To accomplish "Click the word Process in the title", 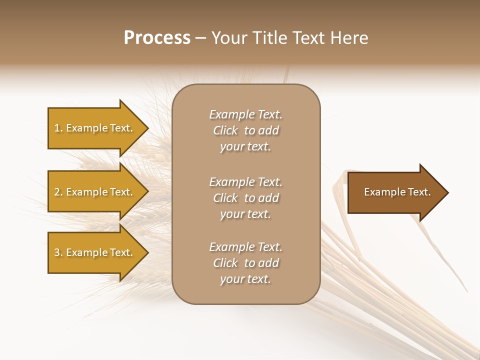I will click(157, 38).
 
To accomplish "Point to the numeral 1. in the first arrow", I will click(58, 128).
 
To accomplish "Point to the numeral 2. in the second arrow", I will click(58, 192).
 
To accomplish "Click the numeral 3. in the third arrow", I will click(58, 252).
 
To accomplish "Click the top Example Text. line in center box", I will click(246, 114).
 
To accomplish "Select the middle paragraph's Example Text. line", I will click(246, 182).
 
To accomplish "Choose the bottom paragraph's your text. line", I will click(246, 279).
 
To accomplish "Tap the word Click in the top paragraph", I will click(225, 130).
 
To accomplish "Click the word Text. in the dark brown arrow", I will click(416, 192).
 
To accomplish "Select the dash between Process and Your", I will click(200, 38).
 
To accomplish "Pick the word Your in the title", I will click(231, 38).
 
